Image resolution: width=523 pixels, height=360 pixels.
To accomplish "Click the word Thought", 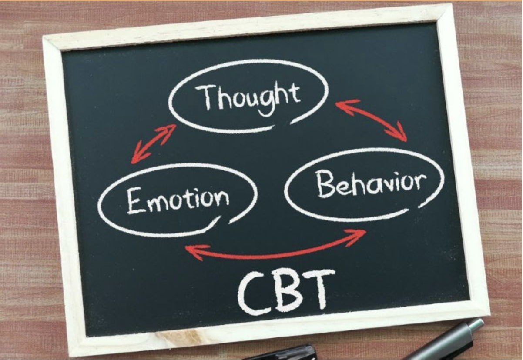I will tap(248, 97).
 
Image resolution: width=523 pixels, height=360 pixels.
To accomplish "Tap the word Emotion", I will tap(178, 200).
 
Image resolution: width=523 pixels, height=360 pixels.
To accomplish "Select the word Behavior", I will tap(370, 183).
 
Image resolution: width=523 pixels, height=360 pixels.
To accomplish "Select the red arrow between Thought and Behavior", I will tap(371, 119).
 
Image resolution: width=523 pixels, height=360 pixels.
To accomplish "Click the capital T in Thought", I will tap(206, 97).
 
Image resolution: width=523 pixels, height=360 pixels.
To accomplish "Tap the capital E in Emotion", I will tap(135, 201).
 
